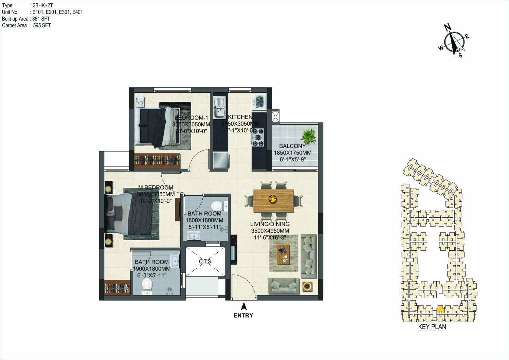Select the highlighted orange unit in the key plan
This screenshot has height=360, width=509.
tap(441, 309)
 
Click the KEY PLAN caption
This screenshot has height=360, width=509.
tap(432, 327)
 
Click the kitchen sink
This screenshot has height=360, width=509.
tap(219, 108)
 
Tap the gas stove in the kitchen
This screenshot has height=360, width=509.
tap(258, 137)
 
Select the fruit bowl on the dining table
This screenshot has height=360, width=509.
tap(273, 199)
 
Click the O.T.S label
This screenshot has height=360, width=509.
tap(205, 262)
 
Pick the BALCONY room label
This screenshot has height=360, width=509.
tap(292, 146)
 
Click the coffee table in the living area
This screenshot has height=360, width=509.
tap(284, 254)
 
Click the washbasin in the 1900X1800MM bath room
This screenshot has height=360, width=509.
tap(175, 260)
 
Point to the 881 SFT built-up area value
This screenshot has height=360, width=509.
tap(41, 19)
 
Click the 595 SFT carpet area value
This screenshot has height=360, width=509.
tap(42, 25)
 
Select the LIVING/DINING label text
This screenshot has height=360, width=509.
tap(270, 224)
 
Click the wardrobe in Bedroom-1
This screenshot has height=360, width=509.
tap(157, 161)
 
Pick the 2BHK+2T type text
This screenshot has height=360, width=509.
tap(43, 5)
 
